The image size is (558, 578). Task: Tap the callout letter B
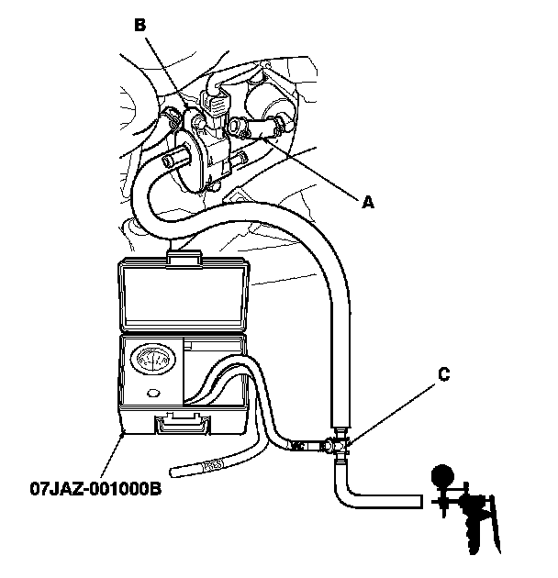click(139, 26)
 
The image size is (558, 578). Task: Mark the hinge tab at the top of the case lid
click(186, 260)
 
